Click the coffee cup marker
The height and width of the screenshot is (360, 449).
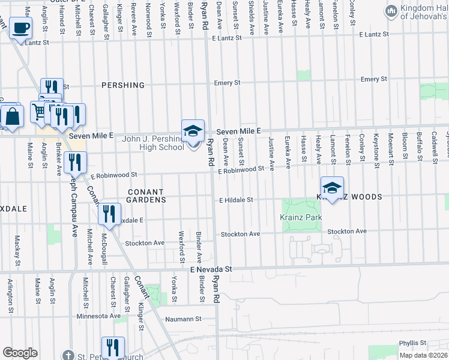[21, 28]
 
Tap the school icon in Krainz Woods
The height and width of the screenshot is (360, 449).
[332, 187]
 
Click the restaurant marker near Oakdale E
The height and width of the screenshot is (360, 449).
[109, 215]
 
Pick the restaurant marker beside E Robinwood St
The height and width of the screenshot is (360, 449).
[76, 162]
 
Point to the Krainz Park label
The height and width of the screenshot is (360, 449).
[301, 217]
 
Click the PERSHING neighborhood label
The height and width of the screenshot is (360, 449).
[123, 85]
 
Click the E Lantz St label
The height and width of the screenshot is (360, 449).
[224, 37]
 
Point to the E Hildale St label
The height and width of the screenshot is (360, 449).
[237, 200]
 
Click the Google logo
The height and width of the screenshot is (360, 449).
[20, 353]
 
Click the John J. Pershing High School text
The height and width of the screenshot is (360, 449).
[153, 143]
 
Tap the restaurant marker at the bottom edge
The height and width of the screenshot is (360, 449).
[113, 347]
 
